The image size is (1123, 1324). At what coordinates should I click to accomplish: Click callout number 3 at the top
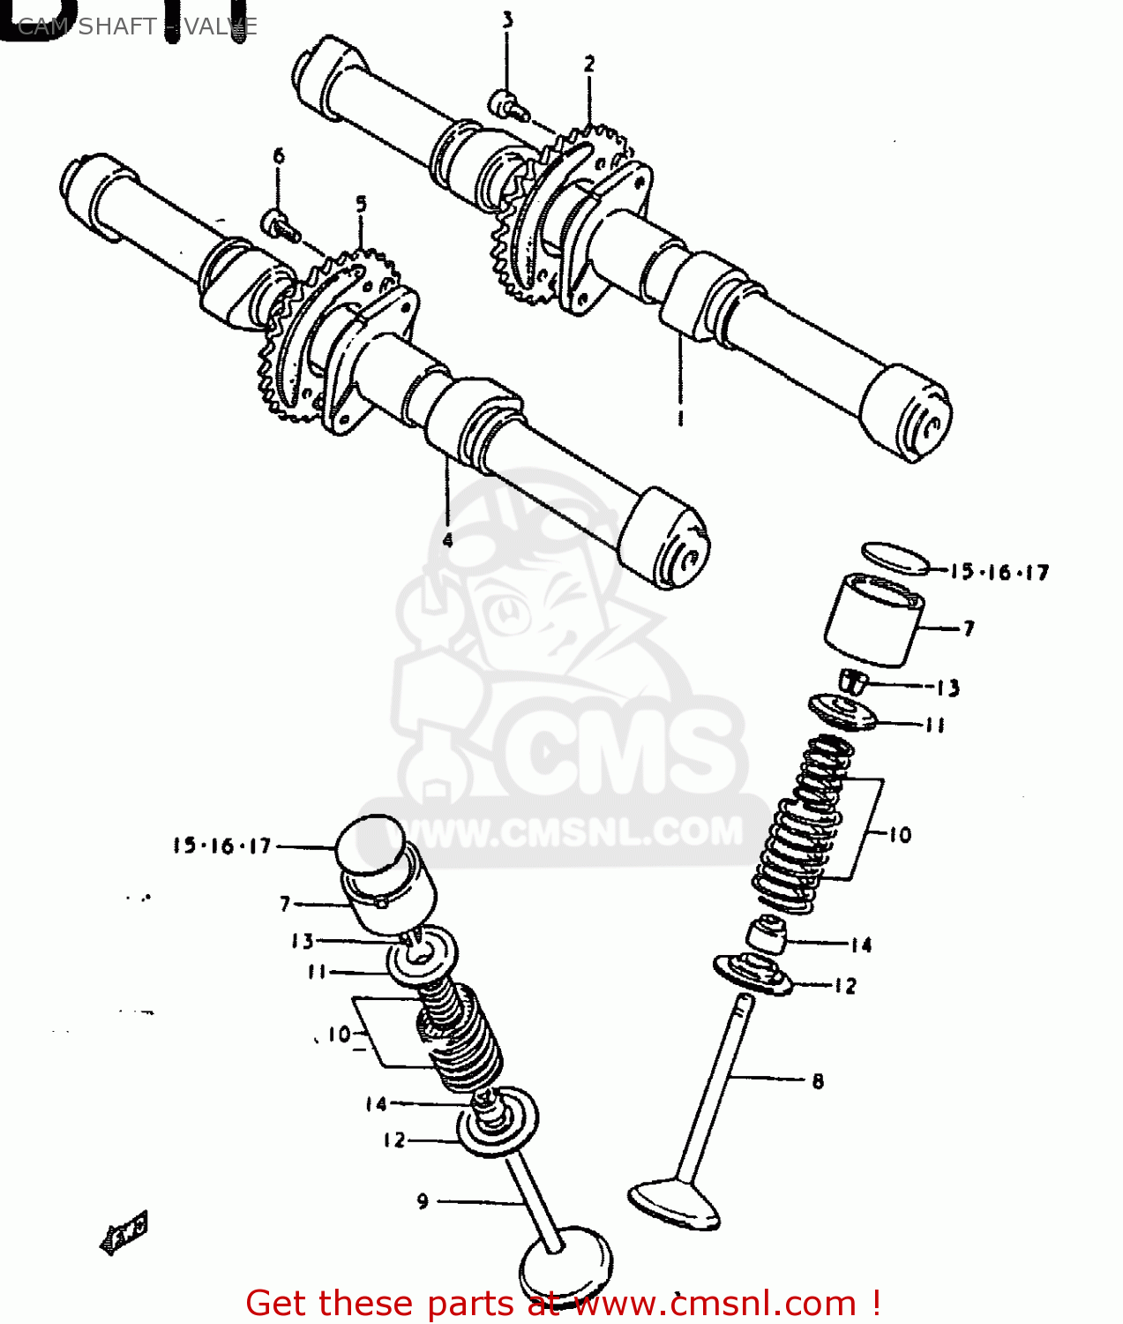[507, 19]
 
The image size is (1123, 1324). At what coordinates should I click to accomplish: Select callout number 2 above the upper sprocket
[589, 64]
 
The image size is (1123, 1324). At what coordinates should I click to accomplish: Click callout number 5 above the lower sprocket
[361, 204]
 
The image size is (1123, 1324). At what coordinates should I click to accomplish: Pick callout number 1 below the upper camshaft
[680, 418]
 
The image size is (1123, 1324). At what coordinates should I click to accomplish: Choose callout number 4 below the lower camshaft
[447, 539]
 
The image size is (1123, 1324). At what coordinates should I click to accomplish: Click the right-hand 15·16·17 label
[999, 572]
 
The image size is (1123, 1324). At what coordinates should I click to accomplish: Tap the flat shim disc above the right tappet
[895, 558]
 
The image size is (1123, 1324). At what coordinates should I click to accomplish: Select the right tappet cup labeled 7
[874, 620]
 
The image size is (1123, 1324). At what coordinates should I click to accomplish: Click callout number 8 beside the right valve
[818, 1080]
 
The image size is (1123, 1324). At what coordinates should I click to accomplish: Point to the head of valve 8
[674, 1205]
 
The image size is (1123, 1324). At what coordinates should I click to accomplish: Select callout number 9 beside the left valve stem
[423, 1201]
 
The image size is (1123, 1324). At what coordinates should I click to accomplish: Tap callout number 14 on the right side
[861, 945]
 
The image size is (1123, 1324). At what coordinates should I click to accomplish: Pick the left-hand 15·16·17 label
[222, 846]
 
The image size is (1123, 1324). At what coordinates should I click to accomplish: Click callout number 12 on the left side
[393, 1140]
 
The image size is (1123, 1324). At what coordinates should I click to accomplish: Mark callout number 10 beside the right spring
[899, 834]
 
